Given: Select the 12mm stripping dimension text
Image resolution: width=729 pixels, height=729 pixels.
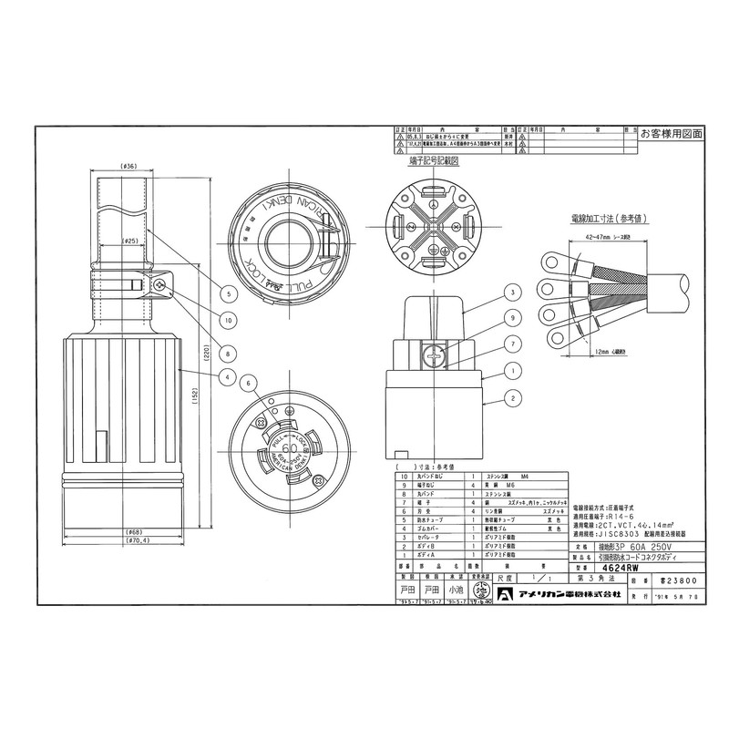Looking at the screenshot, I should (x=611, y=350).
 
